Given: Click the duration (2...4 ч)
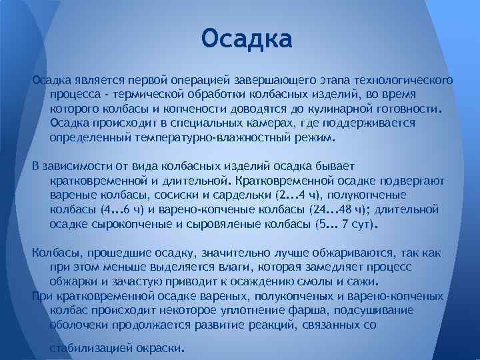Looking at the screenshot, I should [x=299, y=195].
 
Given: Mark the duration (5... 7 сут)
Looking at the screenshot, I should [x=345, y=225].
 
